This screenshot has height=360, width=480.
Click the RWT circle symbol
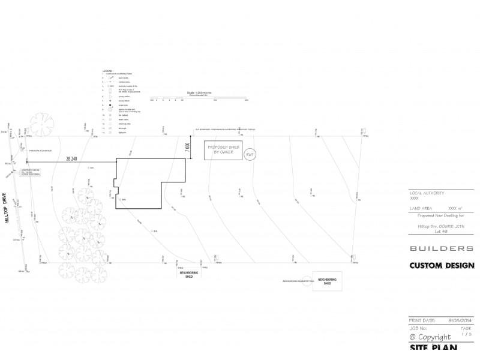click(x=250, y=155)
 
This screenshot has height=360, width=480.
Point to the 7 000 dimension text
click(x=188, y=147)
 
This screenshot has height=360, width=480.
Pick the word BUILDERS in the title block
click(x=441, y=248)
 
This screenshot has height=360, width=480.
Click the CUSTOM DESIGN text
click(x=442, y=265)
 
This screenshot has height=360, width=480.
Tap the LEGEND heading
click(x=107, y=70)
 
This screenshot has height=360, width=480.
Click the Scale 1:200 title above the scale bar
click(x=199, y=92)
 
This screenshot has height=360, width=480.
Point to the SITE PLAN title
click(x=433, y=348)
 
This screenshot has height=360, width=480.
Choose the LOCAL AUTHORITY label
click(x=427, y=193)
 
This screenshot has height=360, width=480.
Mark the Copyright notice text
click(x=430, y=337)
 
